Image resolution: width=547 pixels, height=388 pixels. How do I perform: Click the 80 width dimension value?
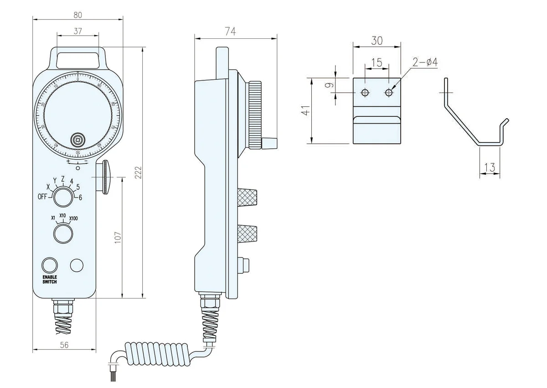[77, 15]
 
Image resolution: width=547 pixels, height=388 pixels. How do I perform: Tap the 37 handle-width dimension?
[77, 31]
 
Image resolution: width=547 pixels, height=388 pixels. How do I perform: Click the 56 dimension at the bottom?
[64, 346]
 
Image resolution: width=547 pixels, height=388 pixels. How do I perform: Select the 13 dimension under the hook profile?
[490, 168]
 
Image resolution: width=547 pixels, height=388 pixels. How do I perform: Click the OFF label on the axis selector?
[42, 197]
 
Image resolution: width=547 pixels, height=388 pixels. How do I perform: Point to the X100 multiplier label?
[73, 218]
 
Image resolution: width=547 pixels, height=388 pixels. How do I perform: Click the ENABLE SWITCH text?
[50, 279]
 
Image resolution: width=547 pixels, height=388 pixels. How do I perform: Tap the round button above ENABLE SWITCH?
[50, 265]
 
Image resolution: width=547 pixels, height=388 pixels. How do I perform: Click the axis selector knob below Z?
[62, 198]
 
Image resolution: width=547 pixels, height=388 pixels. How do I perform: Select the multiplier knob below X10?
[63, 233]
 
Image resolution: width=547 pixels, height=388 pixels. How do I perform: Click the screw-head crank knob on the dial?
[78, 139]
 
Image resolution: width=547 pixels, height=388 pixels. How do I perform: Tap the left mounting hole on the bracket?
[365, 93]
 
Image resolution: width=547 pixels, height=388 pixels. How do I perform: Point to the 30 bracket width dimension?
[377, 41]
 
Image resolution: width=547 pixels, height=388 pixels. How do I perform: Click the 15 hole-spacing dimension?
[377, 63]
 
